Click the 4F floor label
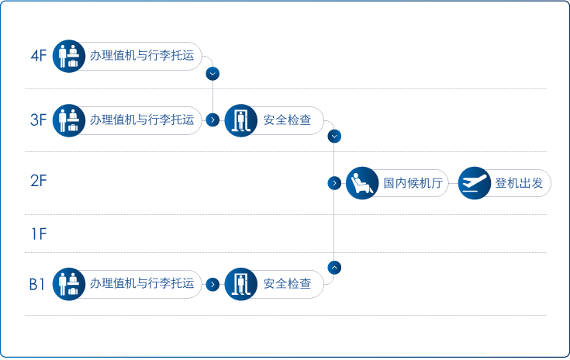[39, 56]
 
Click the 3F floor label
[39, 120]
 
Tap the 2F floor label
[39, 182]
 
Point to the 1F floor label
[39, 234]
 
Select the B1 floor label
[37, 284]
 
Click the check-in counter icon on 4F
[68, 56]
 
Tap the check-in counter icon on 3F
[68, 120]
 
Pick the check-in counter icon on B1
[68, 284]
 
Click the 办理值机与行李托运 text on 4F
[141, 56]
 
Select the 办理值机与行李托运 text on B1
[141, 284]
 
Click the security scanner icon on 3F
[240, 120]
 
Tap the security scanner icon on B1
[240, 284]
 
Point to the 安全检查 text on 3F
[287, 120]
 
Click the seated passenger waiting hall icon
[361, 184]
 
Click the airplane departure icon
[474, 184]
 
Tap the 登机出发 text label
[519, 184]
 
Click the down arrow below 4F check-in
[212, 74]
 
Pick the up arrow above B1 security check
[334, 267]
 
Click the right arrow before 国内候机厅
[333, 184]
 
